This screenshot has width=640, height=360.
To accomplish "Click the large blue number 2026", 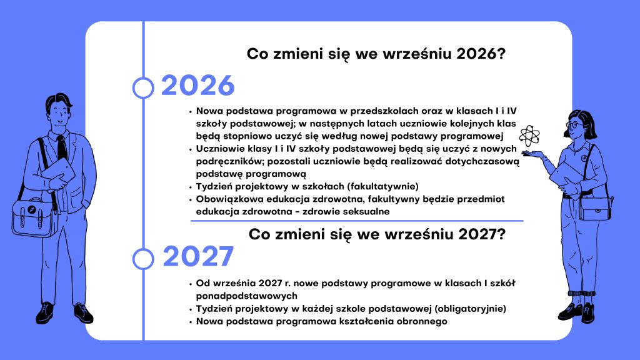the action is tap(198, 86).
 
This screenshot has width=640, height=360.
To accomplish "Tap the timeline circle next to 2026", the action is tap(143, 87).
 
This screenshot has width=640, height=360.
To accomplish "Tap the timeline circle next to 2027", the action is tap(143, 259).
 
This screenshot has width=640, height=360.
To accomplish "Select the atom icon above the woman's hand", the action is tap(529, 136).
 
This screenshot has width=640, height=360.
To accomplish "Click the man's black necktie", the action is tap(62, 147).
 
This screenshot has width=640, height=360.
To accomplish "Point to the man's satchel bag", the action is tap(35, 217).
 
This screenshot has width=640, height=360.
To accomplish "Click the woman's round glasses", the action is tap(574, 125).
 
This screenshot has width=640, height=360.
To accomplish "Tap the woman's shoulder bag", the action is tap(596, 208).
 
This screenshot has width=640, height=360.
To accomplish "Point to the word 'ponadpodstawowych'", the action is tap(246, 296).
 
